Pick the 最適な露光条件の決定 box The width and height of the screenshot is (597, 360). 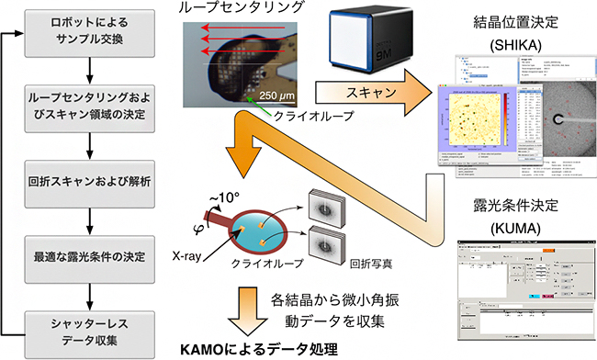point(88,249)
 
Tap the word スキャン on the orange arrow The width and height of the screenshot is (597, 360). point(366,93)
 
